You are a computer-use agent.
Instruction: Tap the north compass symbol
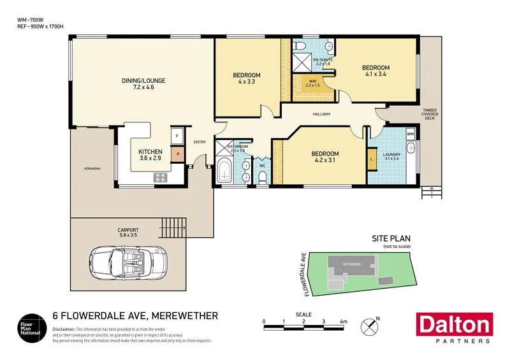point(369,326)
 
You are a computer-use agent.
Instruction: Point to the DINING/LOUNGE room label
point(143,84)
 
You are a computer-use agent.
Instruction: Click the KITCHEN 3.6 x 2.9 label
point(150,155)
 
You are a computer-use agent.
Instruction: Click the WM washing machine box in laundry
point(410,134)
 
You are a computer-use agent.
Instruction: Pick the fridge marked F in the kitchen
point(177,136)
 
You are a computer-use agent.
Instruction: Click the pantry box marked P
point(178,154)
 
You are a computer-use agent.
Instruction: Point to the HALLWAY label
point(321,114)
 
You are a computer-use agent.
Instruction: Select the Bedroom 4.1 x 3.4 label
point(375,71)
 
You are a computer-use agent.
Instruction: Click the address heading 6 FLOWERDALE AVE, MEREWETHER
point(135,315)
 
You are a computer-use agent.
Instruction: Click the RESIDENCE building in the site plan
point(352,264)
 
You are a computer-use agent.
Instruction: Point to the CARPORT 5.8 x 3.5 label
point(128,233)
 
